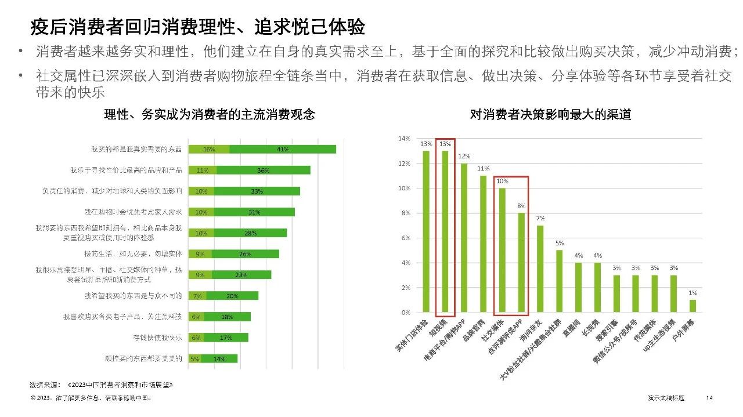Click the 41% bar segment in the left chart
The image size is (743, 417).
(x=283, y=149)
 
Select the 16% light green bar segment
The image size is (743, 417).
(x=209, y=149)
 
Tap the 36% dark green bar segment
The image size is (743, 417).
(x=264, y=171)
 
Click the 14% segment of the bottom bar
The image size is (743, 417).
(x=219, y=358)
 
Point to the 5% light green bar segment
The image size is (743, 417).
(x=195, y=358)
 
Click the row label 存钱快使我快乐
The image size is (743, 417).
(x=158, y=338)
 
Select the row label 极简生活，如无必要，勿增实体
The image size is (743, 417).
(x=141, y=254)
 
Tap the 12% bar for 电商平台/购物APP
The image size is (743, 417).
(x=464, y=238)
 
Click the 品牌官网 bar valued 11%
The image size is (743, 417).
(x=483, y=244)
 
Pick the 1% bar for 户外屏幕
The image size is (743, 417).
(x=692, y=306)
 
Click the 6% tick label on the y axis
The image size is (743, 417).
(x=405, y=238)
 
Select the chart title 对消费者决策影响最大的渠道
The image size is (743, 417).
(x=550, y=115)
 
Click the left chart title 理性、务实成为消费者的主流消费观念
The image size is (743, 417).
(x=209, y=115)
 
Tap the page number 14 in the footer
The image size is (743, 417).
(x=709, y=398)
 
